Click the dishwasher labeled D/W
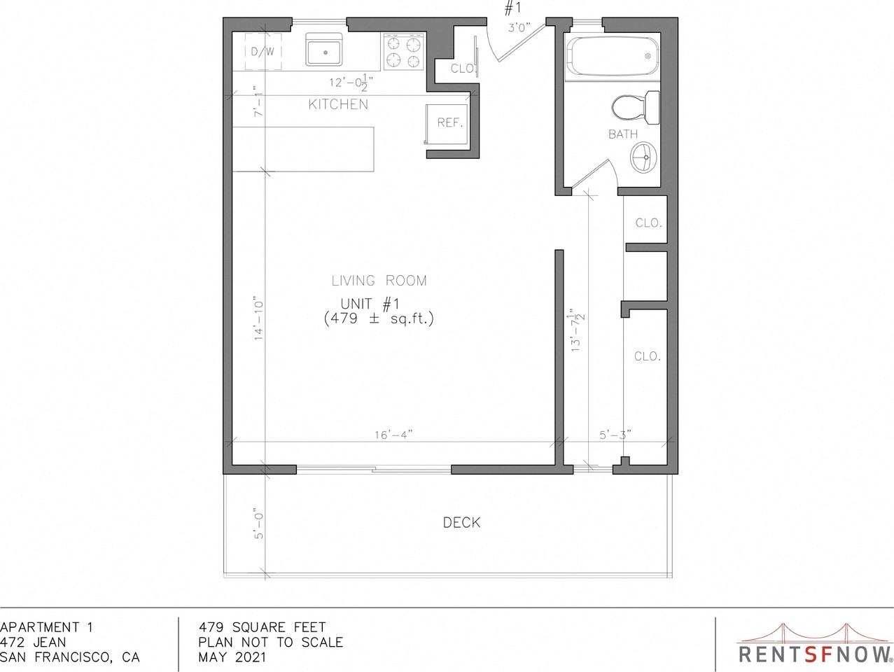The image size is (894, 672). pyautogui.click(x=263, y=51)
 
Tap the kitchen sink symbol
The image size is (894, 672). pyautogui.click(x=323, y=50)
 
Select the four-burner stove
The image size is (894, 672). pyautogui.click(x=404, y=52)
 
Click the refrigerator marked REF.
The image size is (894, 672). pyautogui.click(x=448, y=122)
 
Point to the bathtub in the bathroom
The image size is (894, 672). pyautogui.click(x=613, y=57)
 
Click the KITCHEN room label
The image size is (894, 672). pyautogui.click(x=338, y=105)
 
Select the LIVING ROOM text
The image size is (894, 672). pyautogui.click(x=379, y=281)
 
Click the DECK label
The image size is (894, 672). pyautogui.click(x=461, y=522)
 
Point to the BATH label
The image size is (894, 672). pyautogui.click(x=622, y=134)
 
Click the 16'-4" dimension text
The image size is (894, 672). pyautogui.click(x=393, y=435)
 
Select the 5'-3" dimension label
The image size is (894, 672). pyautogui.click(x=614, y=435)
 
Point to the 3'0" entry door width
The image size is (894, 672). pyautogui.click(x=519, y=27)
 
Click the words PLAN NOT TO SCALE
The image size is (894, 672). pyautogui.click(x=270, y=642)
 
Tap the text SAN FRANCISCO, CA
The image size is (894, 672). pyautogui.click(x=70, y=657)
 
